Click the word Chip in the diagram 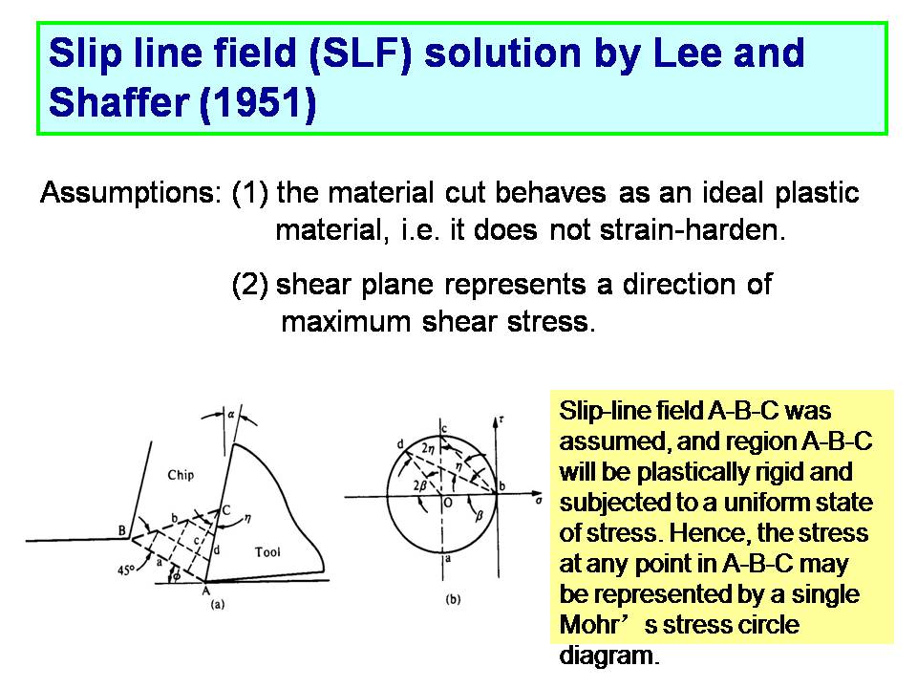(x=181, y=475)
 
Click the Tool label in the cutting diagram (x=267, y=551)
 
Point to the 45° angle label (x=126, y=570)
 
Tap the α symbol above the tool (x=231, y=414)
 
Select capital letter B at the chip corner (x=121, y=530)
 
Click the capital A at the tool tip (x=206, y=591)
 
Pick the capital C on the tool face (x=225, y=510)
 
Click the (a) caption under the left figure (x=217, y=604)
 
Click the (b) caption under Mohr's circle (x=453, y=599)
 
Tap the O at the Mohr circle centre (x=447, y=503)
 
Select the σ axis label (x=538, y=500)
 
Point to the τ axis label (x=501, y=419)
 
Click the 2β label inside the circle (x=420, y=485)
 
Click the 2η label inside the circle (x=428, y=449)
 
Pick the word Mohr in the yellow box (x=588, y=624)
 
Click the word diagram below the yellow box (x=609, y=656)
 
